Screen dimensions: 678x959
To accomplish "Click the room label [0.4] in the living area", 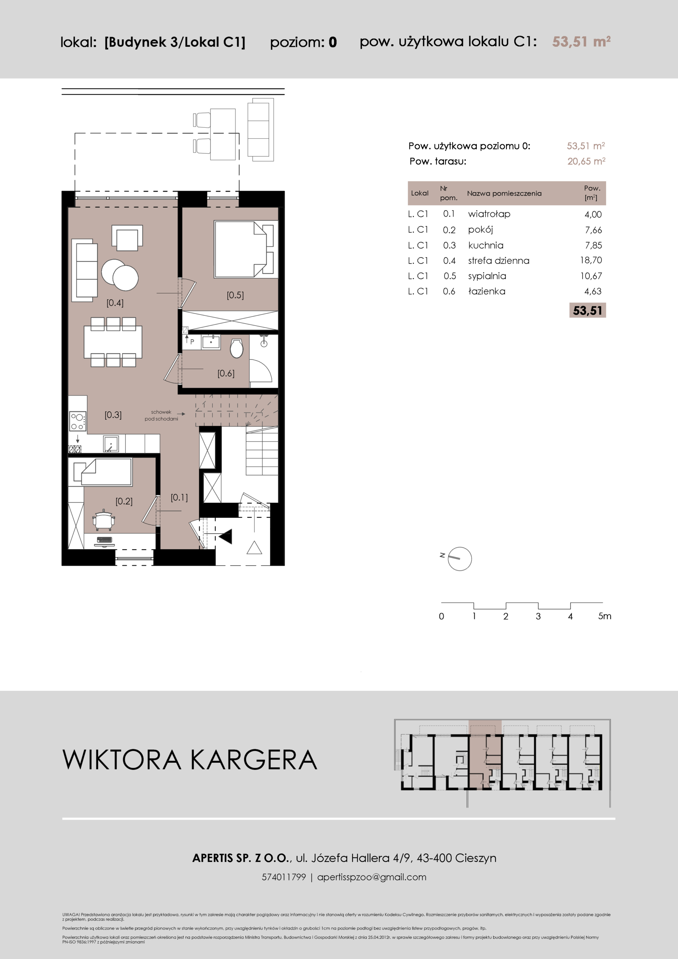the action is [x=115, y=303].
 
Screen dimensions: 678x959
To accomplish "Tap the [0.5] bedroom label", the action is [x=235, y=295].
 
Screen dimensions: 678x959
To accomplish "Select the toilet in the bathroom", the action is [x=236, y=348].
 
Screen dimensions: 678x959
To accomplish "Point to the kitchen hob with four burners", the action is [x=78, y=421].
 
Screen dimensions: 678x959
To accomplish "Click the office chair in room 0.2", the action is [x=103, y=520].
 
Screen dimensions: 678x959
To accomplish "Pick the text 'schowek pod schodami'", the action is [x=161, y=415].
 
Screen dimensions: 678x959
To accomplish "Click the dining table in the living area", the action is [x=113, y=342].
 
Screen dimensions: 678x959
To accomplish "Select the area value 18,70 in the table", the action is [x=591, y=260].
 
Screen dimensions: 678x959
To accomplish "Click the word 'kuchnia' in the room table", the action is [x=485, y=245].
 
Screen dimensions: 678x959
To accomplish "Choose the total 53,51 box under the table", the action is [x=587, y=310].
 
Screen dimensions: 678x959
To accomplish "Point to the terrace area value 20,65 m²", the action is [x=586, y=161].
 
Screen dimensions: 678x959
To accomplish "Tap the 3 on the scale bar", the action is [x=538, y=616].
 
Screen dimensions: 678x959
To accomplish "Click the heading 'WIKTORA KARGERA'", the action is [x=190, y=759].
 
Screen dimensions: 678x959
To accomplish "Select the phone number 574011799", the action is [x=284, y=877].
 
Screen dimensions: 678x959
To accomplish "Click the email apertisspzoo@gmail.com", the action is [x=372, y=877].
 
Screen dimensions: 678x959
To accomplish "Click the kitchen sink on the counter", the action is [x=111, y=444].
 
